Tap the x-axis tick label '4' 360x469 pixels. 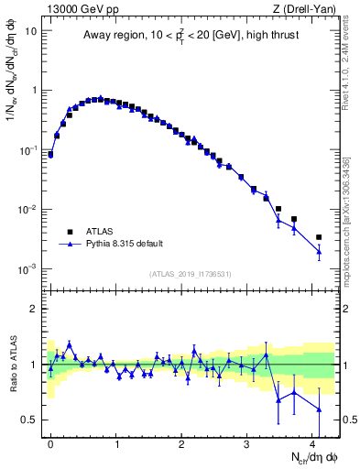point(312,442)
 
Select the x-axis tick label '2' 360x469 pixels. point(181,442)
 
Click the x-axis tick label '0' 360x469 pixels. point(50,442)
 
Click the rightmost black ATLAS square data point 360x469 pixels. point(319,237)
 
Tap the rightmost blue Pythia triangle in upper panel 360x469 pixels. point(319,251)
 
